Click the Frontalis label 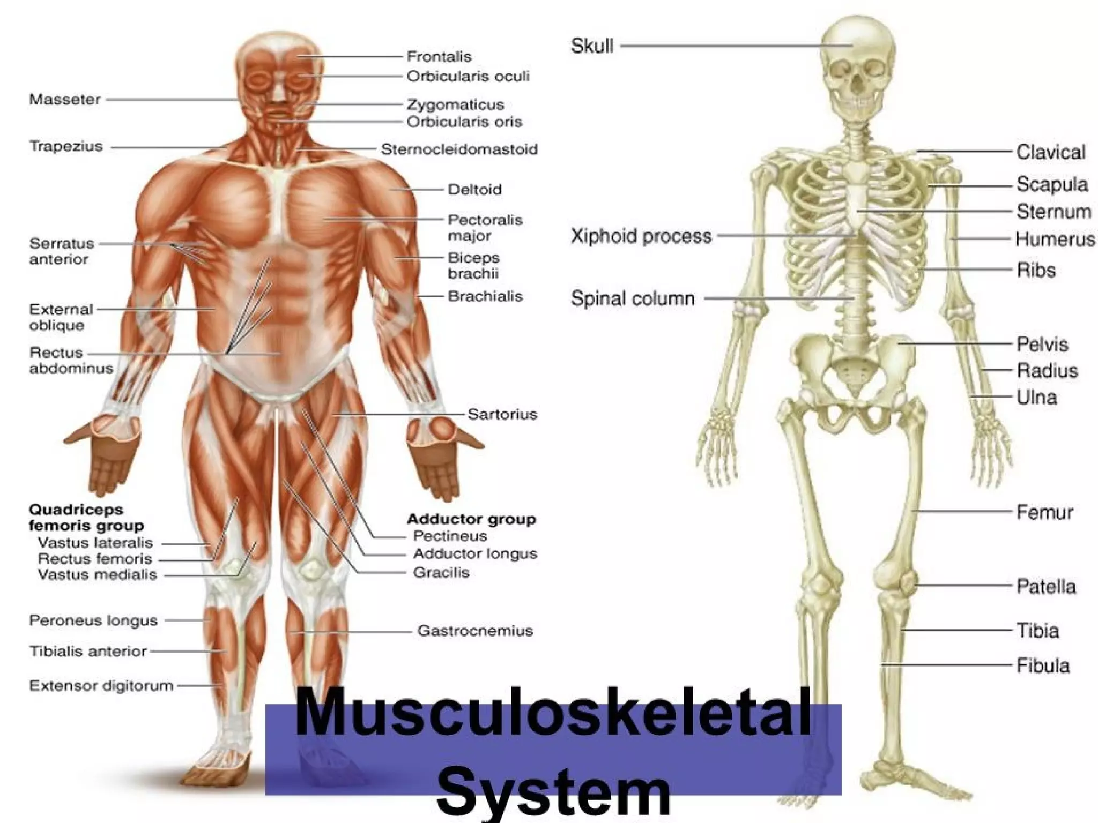coord(439,56)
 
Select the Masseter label coord(65,99)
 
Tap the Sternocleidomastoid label coord(459,149)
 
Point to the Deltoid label coord(474,189)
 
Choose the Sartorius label coord(502,414)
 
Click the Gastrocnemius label coord(475,631)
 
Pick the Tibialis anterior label coord(88,651)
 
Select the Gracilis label coord(441,572)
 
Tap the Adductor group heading coord(471,519)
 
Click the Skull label coord(592,46)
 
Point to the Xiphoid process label coord(641,236)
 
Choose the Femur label coord(1044,512)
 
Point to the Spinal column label coord(633,298)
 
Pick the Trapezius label coord(66,146)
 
